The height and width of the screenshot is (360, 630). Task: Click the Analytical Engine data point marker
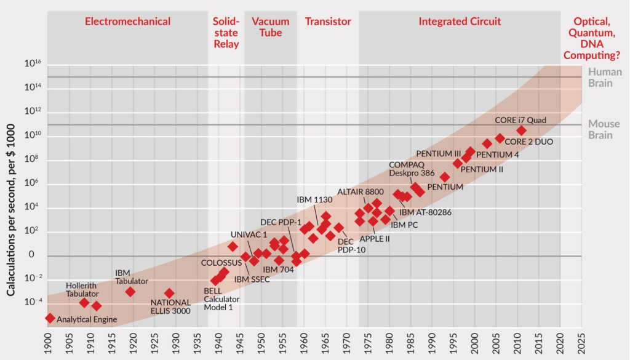[x=50, y=318]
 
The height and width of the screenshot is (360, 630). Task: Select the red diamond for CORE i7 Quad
[x=521, y=130]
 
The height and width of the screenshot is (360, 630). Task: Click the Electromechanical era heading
[x=127, y=22]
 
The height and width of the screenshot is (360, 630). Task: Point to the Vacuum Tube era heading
[x=270, y=27]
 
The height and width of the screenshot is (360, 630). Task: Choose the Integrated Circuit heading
[x=460, y=22]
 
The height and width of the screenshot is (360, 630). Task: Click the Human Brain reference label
[x=600, y=77]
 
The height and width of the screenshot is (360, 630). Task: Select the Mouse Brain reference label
[x=600, y=129]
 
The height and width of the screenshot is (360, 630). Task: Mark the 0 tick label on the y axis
[x=38, y=255]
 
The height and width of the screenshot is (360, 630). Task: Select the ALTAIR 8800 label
[x=360, y=192]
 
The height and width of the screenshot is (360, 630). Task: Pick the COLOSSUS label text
[x=221, y=263]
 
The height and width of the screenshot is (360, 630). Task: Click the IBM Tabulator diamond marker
[x=130, y=292]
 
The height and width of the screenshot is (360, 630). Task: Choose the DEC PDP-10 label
[x=351, y=246]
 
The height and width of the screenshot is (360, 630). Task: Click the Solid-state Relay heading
[x=226, y=33]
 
